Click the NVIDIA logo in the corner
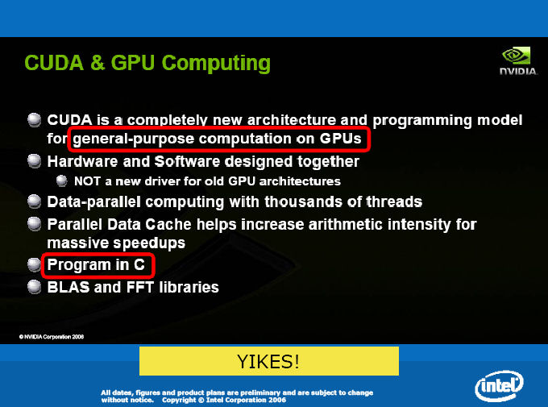(518, 61)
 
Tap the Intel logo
(499, 386)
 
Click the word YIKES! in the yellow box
(268, 361)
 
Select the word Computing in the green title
(216, 64)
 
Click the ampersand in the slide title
(98, 63)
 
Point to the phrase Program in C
(96, 264)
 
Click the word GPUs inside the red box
(340, 139)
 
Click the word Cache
(168, 224)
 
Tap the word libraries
(189, 287)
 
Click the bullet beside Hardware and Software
(34, 161)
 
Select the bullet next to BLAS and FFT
(34, 287)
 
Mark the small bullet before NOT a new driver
(61, 181)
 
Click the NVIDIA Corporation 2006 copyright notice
(52, 337)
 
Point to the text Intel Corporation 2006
(246, 400)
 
